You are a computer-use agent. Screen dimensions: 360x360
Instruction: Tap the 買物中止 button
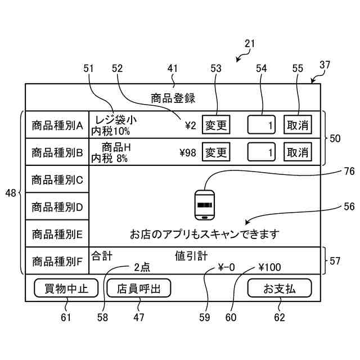click(66, 288)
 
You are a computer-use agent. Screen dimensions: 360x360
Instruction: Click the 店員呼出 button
click(139, 288)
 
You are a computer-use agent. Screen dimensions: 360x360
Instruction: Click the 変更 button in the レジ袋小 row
click(216, 125)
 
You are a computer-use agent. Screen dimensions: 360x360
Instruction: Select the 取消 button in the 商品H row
click(298, 152)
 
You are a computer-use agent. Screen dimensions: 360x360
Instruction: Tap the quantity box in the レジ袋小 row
click(261, 125)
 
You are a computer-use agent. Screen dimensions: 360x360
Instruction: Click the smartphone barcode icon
click(205, 205)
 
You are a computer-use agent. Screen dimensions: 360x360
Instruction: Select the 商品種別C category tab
click(57, 179)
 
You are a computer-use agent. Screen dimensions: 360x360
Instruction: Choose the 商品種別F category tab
click(57, 261)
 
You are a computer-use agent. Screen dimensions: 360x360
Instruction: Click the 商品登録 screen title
click(173, 98)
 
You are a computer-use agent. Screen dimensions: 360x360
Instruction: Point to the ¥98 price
click(188, 152)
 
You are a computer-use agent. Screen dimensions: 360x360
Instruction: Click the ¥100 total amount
click(269, 267)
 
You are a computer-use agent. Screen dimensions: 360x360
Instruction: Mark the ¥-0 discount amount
click(226, 267)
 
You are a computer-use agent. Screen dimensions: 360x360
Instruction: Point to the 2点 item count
click(142, 267)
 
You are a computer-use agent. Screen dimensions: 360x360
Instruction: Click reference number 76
click(349, 171)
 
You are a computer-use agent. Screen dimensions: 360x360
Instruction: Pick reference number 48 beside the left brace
click(11, 193)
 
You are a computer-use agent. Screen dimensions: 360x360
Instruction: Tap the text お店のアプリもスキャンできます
click(205, 234)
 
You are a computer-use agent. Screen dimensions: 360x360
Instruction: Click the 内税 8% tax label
click(109, 159)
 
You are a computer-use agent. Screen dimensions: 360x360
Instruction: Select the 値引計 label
click(191, 256)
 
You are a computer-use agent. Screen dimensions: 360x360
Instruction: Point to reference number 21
click(250, 44)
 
